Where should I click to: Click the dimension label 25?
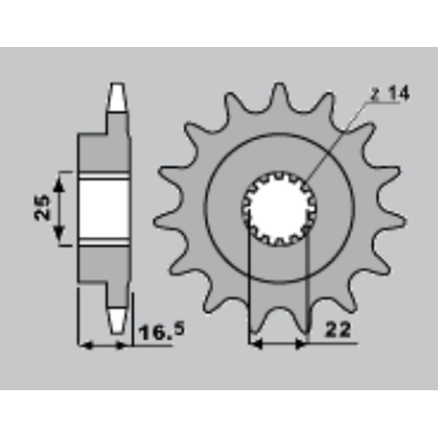[x=41, y=208]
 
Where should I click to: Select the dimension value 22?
[x=337, y=330]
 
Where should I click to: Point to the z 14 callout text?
[x=390, y=93]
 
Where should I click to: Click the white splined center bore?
[x=279, y=209]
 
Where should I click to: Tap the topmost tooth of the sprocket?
[x=279, y=95]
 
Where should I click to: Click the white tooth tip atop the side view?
[x=117, y=97]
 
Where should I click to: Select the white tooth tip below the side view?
[x=117, y=321]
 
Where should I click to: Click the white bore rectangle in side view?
[x=104, y=209]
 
